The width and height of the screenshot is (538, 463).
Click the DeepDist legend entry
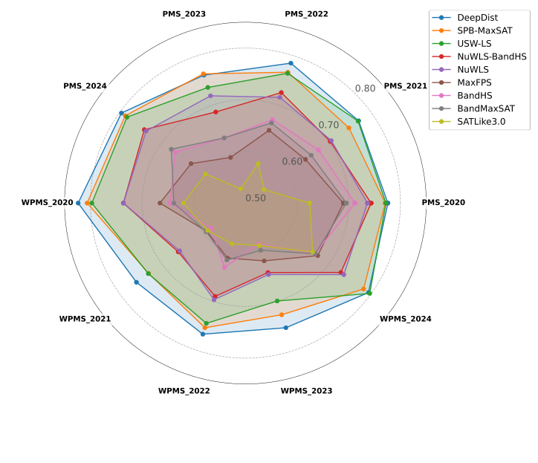(x=478, y=17)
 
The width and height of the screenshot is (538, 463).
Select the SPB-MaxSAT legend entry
(x=484, y=30)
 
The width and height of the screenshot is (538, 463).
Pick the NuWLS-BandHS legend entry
(x=491, y=56)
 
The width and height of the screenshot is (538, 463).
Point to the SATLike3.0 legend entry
(x=481, y=122)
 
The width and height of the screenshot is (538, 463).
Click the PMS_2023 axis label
(x=184, y=14)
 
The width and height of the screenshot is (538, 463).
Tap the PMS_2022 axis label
(x=306, y=14)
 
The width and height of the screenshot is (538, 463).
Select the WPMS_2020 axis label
(x=48, y=203)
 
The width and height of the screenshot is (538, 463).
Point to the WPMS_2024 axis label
(x=406, y=319)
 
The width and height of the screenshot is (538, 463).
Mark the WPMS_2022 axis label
(x=184, y=391)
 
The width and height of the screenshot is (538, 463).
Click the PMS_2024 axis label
(x=85, y=86)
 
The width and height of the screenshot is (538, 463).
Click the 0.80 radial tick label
(x=366, y=88)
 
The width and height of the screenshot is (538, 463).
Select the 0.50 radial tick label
(x=256, y=198)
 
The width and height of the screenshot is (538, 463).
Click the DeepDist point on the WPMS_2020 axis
(x=78, y=203)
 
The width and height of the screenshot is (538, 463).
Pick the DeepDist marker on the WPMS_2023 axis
(x=285, y=327)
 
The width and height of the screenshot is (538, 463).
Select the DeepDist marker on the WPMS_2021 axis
(x=136, y=282)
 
